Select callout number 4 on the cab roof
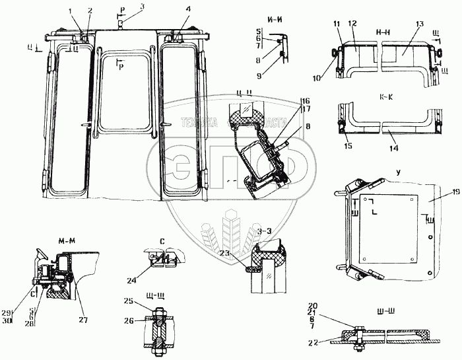click(170, 10)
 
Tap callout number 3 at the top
click(141, 6)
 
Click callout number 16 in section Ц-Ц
click(305, 100)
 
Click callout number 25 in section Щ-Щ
click(129, 301)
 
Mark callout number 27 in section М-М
click(83, 302)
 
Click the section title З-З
click(264, 231)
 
